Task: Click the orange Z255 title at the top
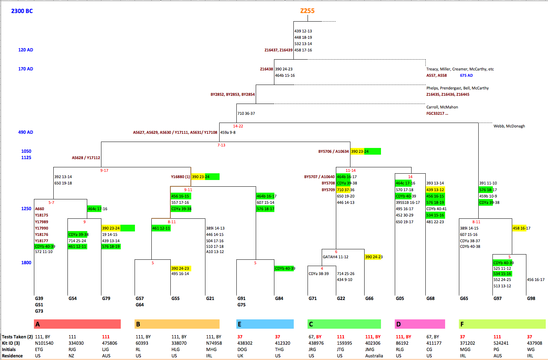[x=307, y=11]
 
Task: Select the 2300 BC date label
[x=22, y=11]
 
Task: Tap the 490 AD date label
[x=26, y=132]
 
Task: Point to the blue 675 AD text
[x=466, y=75]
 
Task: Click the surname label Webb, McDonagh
[x=509, y=126]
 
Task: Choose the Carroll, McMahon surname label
[x=442, y=107]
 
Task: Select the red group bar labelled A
[x=77, y=324]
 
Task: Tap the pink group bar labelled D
[x=420, y=324]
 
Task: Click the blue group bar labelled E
[x=265, y=324]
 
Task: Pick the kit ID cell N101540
[x=44, y=343]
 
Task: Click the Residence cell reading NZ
[x=71, y=356]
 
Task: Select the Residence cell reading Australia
[x=374, y=356]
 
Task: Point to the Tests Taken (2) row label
[x=17, y=337]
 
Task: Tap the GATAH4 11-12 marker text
[x=336, y=257]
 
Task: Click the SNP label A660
[x=40, y=209]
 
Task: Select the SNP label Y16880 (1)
[x=180, y=177]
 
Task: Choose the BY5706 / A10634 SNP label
[x=333, y=152]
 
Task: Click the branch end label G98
[x=531, y=299]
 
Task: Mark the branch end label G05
[x=400, y=299]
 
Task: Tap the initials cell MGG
[x=465, y=350]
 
